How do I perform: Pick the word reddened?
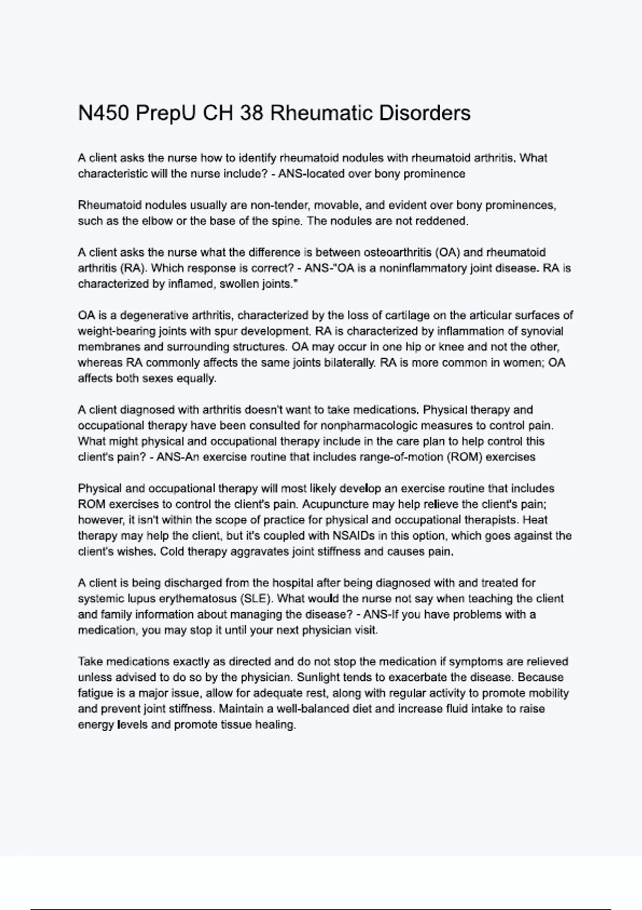[x=446, y=221]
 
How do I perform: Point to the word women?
[x=526, y=363]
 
